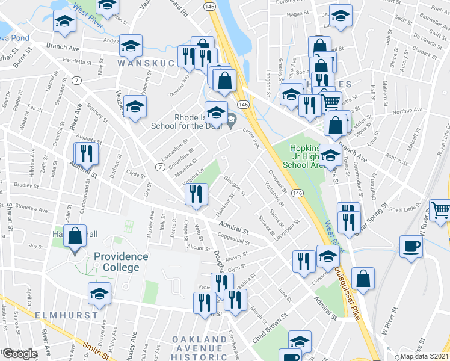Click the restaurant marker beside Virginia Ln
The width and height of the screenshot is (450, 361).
[x=196, y=195]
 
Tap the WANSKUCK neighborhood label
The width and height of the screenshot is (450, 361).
[x=147, y=63]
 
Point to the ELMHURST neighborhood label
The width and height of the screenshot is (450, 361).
[x=67, y=315]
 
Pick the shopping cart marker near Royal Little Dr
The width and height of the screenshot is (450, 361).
[x=441, y=210]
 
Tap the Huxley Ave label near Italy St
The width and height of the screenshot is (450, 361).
[x=150, y=223]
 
